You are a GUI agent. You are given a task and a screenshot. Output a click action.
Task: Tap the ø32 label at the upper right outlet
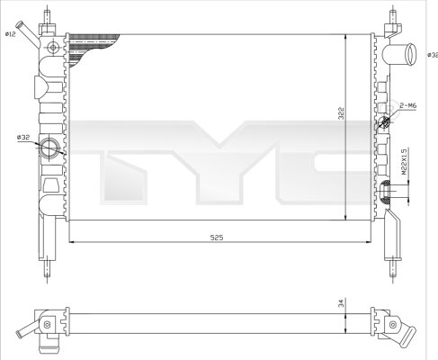click(432, 54)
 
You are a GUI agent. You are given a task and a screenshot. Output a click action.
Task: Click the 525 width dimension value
click(217, 238)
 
